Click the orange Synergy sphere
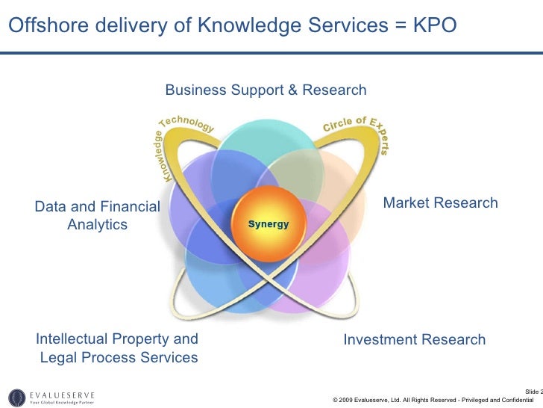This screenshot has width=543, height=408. (268, 223)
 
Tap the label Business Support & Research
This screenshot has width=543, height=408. (266, 90)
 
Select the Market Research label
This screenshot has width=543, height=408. (440, 203)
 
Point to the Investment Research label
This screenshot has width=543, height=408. (414, 340)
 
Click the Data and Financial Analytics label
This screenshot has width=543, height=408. (97, 215)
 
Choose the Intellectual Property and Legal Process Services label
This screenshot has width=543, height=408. (117, 348)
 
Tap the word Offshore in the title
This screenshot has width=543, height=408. (45, 26)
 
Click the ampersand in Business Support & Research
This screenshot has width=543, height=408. (292, 90)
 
